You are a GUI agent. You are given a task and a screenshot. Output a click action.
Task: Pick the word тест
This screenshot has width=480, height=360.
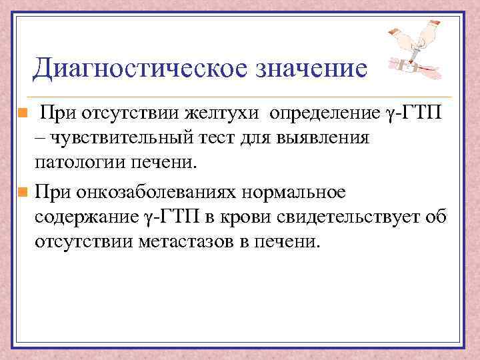[220, 137]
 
